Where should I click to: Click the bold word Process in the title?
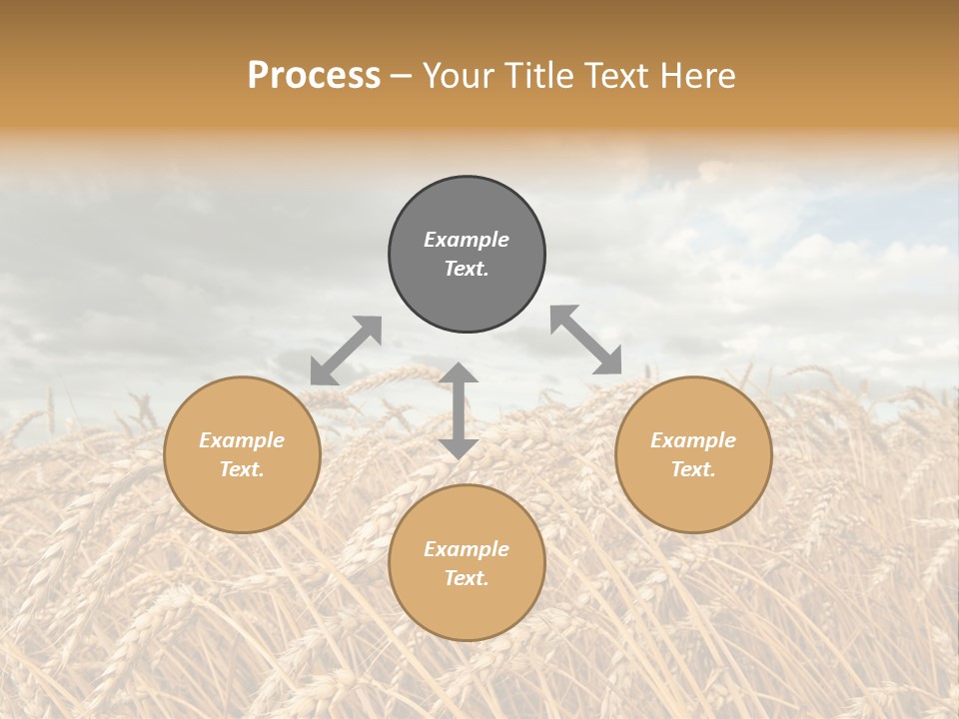[314, 76]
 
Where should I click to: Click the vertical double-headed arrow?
[459, 410]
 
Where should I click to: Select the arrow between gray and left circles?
[346, 351]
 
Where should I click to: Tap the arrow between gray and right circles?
[586, 340]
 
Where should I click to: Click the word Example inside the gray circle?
[467, 240]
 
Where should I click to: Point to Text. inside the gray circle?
[467, 269]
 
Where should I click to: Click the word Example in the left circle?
[242, 440]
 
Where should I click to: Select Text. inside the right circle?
[693, 469]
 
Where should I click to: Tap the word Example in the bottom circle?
[467, 549]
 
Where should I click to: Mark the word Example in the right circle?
[693, 440]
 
